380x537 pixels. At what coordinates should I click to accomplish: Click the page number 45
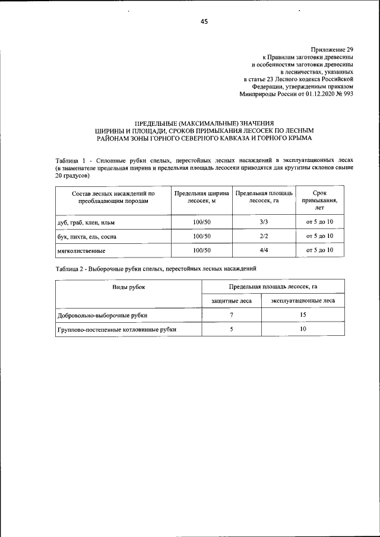(204, 21)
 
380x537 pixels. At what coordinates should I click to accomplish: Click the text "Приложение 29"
(332, 49)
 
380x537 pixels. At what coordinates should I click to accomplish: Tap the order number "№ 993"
(345, 93)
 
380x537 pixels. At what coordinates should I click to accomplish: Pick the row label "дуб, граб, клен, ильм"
(86, 223)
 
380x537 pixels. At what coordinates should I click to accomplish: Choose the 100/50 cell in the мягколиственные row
(202, 250)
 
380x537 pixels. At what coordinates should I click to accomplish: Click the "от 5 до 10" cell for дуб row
(319, 222)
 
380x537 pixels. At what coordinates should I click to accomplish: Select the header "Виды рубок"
(129, 287)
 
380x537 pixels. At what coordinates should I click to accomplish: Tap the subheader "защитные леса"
(232, 301)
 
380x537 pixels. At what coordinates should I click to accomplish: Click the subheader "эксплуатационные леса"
(303, 301)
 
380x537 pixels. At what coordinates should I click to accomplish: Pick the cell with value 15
(303, 315)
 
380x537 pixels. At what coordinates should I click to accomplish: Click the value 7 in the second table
(232, 315)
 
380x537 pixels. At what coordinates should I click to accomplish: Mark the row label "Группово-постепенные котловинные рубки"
(117, 329)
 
